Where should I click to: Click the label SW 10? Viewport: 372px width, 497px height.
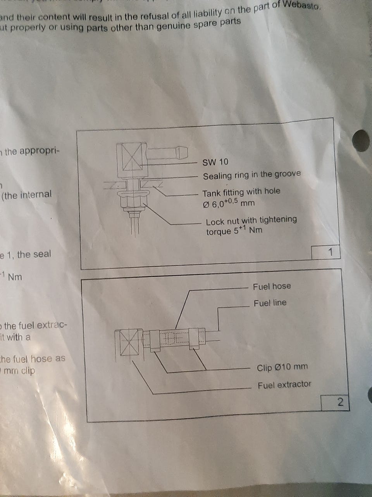click(215, 162)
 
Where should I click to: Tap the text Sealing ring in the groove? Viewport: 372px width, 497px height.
click(252, 175)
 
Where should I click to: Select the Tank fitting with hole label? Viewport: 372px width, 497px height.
click(241, 192)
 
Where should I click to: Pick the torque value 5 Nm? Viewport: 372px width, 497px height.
click(234, 231)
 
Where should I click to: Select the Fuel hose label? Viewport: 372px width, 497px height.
click(272, 287)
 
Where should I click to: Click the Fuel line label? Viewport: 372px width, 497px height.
click(270, 303)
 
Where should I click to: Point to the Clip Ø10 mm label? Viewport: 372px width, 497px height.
click(282, 367)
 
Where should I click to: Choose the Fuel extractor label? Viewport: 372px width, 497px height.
click(284, 385)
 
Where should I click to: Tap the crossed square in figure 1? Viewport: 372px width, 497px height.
click(132, 157)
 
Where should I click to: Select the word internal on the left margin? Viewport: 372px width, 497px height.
click(33, 195)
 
